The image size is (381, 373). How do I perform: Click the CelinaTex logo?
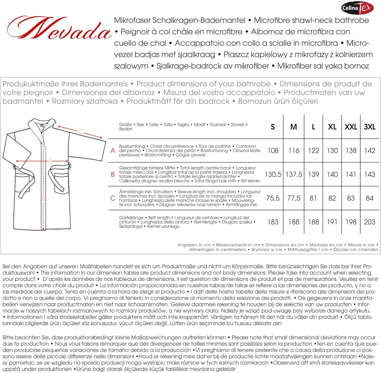click(357, 8)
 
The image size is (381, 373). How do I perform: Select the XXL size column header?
click(351, 127)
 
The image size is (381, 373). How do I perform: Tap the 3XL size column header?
click(370, 127)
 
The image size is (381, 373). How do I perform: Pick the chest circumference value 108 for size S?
click(273, 151)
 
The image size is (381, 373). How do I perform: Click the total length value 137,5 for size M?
click(294, 175)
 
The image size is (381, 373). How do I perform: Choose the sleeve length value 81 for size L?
click(313, 198)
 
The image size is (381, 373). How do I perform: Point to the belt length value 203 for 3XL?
click(369, 222)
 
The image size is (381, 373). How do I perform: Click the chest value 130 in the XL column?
click(332, 151)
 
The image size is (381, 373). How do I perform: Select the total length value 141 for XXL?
click(351, 175)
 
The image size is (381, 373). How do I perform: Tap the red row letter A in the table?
click(113, 151)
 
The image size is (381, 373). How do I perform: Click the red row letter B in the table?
click(113, 175)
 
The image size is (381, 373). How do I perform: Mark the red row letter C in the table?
click(113, 198)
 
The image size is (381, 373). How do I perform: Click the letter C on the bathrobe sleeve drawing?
click(81, 131)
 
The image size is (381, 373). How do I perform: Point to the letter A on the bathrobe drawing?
click(50, 161)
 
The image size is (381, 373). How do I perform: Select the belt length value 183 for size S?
click(273, 222)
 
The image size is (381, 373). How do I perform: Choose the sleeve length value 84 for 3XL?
click(369, 198)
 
